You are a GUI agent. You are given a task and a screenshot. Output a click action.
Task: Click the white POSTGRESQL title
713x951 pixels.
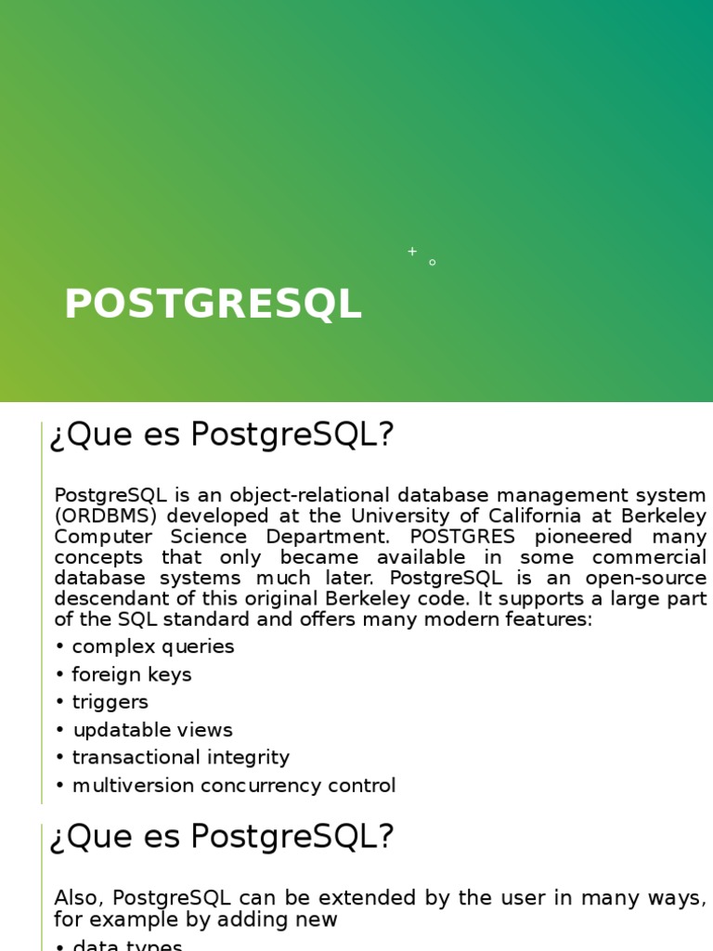pos(213,305)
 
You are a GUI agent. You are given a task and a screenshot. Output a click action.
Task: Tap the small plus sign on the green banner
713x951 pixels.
pos(412,251)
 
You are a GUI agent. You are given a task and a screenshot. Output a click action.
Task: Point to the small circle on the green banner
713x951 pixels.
pos(433,263)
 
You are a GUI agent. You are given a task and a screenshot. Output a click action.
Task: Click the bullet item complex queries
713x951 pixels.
pos(152,646)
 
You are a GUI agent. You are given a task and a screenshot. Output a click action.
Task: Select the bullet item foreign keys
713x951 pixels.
pos(131,674)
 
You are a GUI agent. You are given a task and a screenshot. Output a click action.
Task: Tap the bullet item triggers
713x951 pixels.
pos(110,702)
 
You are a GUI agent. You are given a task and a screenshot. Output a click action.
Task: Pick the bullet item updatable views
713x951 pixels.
pos(152,730)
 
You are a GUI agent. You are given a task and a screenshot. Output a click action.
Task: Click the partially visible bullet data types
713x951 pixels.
pos(127,945)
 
